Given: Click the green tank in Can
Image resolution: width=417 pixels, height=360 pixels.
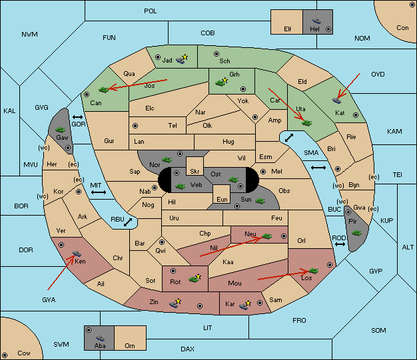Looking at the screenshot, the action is pyautogui.click(x=104, y=90).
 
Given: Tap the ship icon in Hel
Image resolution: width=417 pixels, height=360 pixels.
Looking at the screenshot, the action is pyautogui.click(x=316, y=21).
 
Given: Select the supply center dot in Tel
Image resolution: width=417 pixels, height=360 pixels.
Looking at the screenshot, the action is pyautogui.click(x=135, y=126).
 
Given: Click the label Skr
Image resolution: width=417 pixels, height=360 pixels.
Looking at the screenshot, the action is pyautogui.click(x=195, y=172).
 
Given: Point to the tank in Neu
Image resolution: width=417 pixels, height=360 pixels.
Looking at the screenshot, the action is pyautogui.click(x=266, y=236).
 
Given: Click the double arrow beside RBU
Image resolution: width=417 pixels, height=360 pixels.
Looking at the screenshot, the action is pyautogui.click(x=128, y=222).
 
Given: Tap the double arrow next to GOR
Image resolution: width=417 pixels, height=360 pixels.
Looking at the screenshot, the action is pyautogui.click(x=77, y=117).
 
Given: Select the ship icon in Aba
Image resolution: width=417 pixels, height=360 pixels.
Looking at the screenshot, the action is pyautogui.click(x=101, y=338).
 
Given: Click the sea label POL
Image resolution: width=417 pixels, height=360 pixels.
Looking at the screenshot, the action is pyautogui.click(x=151, y=11).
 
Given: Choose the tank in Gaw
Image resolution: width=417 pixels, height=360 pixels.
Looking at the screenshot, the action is pyautogui.click(x=61, y=130).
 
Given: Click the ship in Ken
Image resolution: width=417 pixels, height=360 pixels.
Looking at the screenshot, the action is pyautogui.click(x=77, y=253).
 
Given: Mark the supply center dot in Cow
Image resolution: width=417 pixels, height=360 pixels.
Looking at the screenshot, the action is pyautogui.click(x=5, y=355).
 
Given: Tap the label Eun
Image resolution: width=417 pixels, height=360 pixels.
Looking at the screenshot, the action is pyautogui.click(x=222, y=199).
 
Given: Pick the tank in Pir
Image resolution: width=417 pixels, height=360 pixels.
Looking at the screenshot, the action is pyautogui.click(x=356, y=233).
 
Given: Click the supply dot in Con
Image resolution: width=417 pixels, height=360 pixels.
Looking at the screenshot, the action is pyautogui.click(x=412, y=5).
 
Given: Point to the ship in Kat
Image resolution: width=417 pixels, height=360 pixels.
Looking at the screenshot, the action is pyautogui.click(x=336, y=100).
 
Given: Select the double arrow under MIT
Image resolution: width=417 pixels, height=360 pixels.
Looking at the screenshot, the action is pyautogui.click(x=99, y=192).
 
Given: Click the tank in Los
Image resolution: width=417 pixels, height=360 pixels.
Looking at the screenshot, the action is pyautogui.click(x=314, y=271).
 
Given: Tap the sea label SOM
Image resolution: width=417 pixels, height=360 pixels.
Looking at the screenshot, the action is pyautogui.click(x=378, y=330).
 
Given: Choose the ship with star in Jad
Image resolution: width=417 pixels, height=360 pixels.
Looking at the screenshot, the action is pyautogui.click(x=182, y=59).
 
